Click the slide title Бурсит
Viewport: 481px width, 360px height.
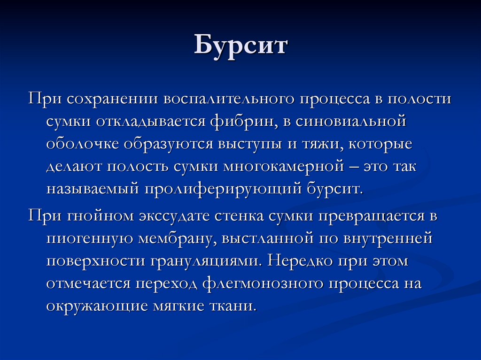point(240,47)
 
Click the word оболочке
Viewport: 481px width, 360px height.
point(83,144)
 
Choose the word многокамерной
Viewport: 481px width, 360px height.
point(287,166)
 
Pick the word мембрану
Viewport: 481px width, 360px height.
point(173,238)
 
